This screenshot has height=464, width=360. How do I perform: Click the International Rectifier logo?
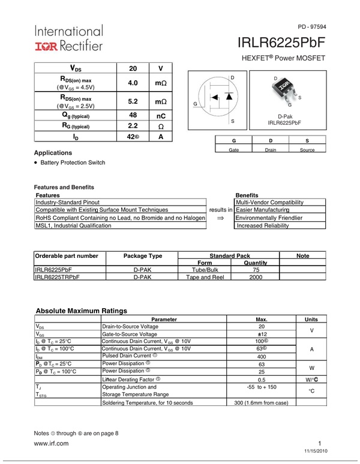point(68,37)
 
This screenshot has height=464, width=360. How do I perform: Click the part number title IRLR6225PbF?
point(281,43)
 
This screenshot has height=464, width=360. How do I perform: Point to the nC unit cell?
point(160,115)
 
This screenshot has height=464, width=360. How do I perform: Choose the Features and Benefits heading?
point(64,187)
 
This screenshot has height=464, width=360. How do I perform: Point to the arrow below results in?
point(220,219)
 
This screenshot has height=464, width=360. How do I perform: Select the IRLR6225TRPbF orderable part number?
point(58,278)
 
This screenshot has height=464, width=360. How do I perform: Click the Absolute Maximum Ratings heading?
point(82,311)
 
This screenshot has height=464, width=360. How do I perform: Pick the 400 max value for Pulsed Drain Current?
point(262,356)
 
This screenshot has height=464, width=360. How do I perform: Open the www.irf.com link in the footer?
point(52,444)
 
